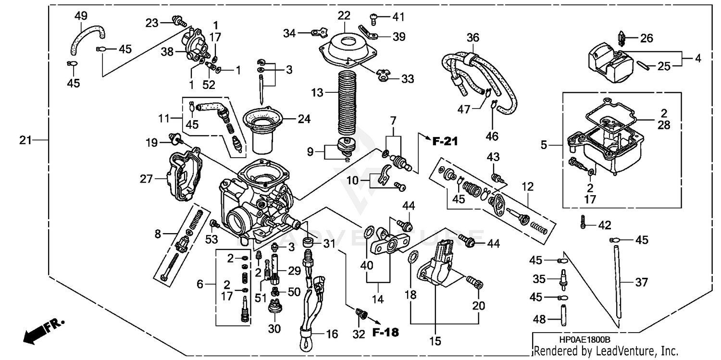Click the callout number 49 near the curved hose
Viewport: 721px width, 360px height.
click(x=80, y=15)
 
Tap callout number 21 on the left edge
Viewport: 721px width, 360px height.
click(x=26, y=140)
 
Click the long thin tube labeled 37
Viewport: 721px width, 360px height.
click(x=619, y=281)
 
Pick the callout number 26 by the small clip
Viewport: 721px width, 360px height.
click(x=647, y=37)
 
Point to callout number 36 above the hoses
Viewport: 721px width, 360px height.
click(x=473, y=37)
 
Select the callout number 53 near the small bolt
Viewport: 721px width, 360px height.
click(x=211, y=238)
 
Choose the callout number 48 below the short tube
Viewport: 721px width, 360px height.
click(x=539, y=319)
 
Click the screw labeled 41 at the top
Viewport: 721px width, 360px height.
click(x=375, y=18)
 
